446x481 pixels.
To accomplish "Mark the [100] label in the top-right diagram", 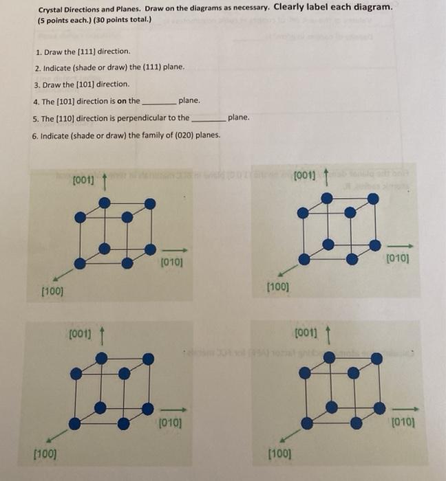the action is [277, 286].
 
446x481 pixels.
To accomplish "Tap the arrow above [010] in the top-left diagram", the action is [176, 250].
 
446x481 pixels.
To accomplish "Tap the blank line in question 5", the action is [208, 118].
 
